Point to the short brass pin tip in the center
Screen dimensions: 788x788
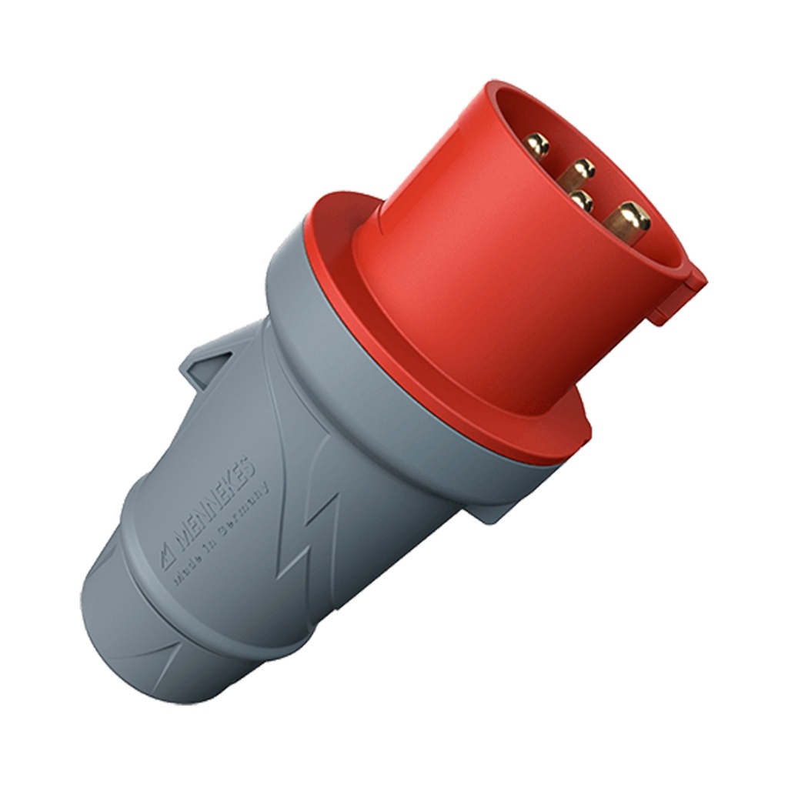582,202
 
